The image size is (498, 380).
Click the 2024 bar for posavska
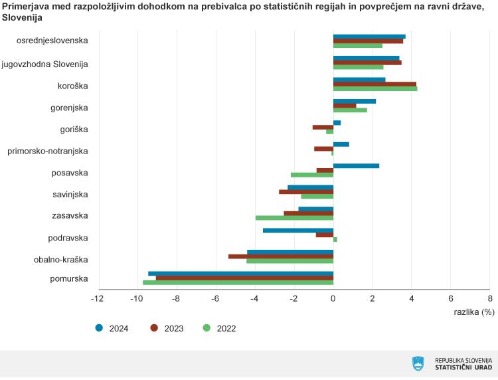(x=356, y=165)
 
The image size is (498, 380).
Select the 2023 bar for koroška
(x=374, y=84)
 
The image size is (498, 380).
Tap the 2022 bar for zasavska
(x=294, y=218)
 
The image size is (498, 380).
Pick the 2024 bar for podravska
(x=298, y=231)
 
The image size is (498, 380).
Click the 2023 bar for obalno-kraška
(x=281, y=256)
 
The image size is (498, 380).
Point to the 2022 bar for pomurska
(x=238, y=282)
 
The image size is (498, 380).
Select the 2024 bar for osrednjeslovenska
(x=369, y=37)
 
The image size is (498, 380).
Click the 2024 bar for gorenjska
(x=355, y=101)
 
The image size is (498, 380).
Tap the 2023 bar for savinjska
(x=306, y=192)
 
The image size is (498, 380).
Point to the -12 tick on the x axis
(x=98, y=299)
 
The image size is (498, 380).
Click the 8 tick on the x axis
(x=489, y=299)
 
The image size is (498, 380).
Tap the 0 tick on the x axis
(x=333, y=299)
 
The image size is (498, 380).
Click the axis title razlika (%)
(x=474, y=312)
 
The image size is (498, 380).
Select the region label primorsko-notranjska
(x=48, y=151)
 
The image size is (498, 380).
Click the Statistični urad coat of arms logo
(x=418, y=363)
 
